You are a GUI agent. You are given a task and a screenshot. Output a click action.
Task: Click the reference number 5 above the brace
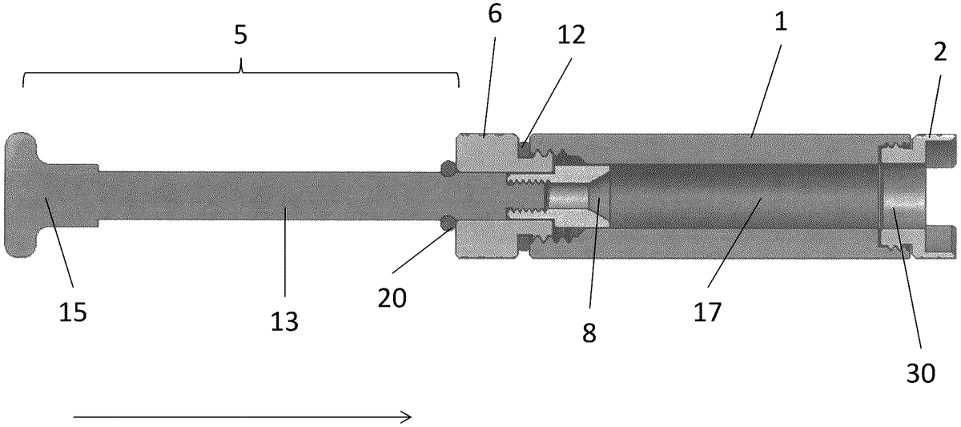241,35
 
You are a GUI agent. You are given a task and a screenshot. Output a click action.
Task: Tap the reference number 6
495,15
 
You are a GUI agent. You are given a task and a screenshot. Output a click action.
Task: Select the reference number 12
571,34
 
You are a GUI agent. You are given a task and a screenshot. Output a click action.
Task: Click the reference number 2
940,52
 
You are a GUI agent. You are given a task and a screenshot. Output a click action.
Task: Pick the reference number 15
73,312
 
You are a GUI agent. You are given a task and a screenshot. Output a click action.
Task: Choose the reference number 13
284,321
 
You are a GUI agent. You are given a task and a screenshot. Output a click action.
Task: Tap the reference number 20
392,298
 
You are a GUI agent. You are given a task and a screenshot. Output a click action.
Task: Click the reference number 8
589,332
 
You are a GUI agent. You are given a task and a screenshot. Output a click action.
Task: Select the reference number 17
708,312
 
